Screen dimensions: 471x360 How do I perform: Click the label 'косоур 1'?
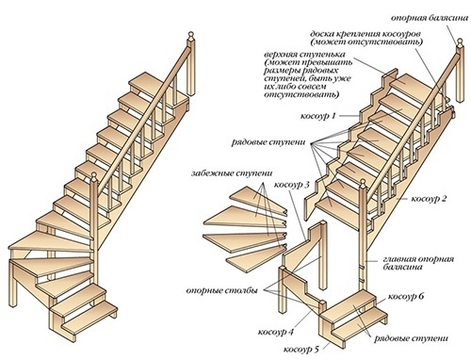coord(317,116)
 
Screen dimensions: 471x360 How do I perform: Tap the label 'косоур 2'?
coord(429,199)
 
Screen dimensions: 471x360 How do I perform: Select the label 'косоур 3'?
coord(292,185)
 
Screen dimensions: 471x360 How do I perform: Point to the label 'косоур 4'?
coord(275,332)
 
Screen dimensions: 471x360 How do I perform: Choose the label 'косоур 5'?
coord(300,349)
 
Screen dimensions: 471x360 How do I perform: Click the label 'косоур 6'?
coord(406,297)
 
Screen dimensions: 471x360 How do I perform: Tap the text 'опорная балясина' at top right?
coord(430,18)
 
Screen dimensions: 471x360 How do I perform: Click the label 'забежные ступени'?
coord(232,173)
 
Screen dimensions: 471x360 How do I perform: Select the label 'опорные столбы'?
coord(222,290)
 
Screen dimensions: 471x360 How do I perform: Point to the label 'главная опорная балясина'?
coord(418,263)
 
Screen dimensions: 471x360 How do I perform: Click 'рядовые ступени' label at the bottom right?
coord(411,338)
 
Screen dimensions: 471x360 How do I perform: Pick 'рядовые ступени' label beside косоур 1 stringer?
coord(268,142)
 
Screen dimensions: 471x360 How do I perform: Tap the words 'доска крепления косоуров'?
coord(365,34)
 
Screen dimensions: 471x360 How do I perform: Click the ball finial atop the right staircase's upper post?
coord(460,41)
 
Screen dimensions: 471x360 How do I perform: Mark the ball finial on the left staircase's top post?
coord(190,34)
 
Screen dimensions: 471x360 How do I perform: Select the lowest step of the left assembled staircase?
coord(89,318)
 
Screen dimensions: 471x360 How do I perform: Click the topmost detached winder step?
coord(258,200)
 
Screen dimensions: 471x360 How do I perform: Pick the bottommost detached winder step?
coord(256,257)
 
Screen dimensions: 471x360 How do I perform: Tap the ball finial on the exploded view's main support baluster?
coord(363,182)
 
